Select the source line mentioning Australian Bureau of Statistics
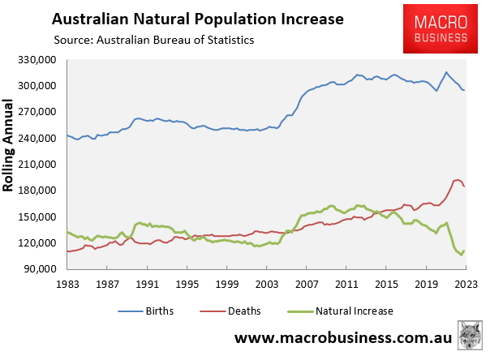[x=154, y=39]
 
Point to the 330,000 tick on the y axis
[x=39, y=60]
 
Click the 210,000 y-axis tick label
[x=39, y=165]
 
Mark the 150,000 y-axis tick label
[x=39, y=216]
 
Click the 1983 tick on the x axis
[x=67, y=285]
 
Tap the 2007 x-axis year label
[x=306, y=285]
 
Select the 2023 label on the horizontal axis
[x=465, y=285]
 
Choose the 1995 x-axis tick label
[x=187, y=285]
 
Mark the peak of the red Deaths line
[x=458, y=179]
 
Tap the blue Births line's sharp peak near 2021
[x=445, y=71]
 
